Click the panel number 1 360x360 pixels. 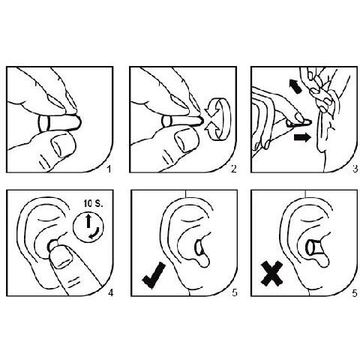[109, 169]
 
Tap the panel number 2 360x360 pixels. [233, 169]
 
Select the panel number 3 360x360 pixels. [352, 169]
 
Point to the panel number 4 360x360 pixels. [109, 292]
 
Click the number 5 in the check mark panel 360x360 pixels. [233, 292]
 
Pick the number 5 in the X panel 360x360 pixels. [352, 292]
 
